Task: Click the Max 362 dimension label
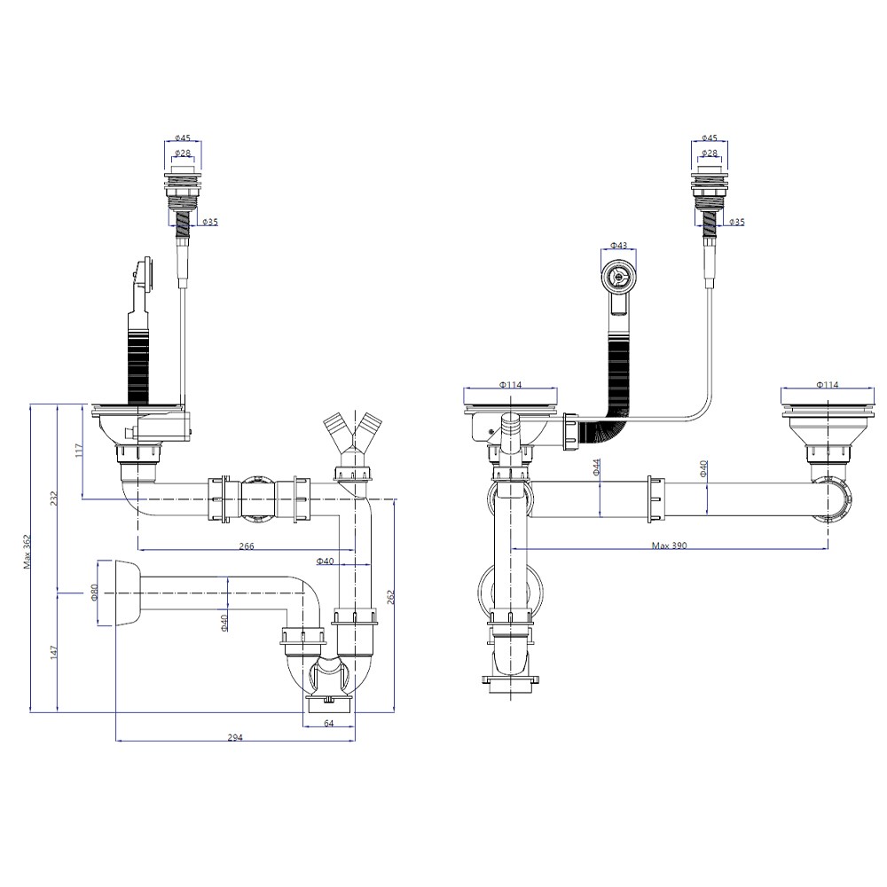[27, 552]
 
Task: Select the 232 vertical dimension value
[54, 498]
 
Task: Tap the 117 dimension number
[79, 450]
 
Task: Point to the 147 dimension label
[54, 652]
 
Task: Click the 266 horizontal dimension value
[247, 546]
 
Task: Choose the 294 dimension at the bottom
[235, 737]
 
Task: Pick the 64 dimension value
[329, 723]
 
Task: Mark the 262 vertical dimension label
[389, 597]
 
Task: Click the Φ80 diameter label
[95, 593]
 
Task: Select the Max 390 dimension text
[669, 546]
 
